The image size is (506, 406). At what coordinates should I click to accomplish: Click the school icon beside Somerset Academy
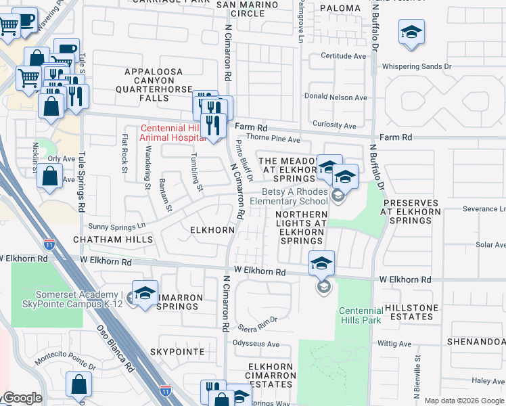(145, 294)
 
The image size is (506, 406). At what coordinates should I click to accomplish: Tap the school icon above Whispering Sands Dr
(411, 33)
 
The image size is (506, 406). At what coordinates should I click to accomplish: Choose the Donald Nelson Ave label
(336, 97)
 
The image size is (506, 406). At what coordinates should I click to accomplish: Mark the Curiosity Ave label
(334, 125)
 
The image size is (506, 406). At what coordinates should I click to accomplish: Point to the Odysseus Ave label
(256, 344)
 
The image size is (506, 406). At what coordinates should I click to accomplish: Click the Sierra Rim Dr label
(258, 324)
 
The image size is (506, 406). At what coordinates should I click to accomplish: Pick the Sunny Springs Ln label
(113, 226)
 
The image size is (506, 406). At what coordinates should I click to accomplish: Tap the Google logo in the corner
(22, 399)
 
